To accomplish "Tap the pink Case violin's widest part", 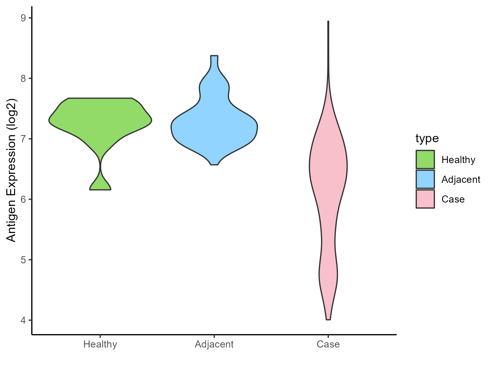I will (328, 166).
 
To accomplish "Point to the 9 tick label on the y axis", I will (23, 18).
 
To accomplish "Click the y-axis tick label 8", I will (23, 79).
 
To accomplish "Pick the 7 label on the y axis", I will (23, 139).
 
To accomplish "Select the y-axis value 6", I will (23, 199).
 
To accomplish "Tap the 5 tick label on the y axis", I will (23, 260).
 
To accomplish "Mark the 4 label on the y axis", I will (23, 320).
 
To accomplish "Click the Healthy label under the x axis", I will (100, 344).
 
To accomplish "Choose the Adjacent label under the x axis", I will (214, 344).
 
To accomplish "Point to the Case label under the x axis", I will (328, 344).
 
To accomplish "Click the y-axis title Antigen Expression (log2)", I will (12, 170).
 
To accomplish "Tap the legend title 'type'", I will (427, 138).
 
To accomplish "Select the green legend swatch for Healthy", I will (425, 160).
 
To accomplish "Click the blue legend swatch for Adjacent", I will (425, 179).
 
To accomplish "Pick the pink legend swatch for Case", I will (425, 199).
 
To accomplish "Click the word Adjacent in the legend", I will (461, 180).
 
